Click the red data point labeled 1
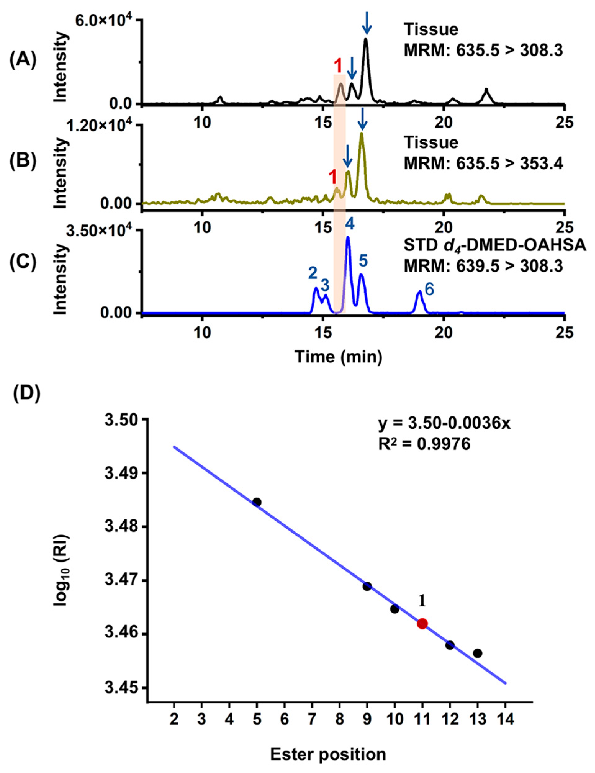pyautogui.click(x=422, y=624)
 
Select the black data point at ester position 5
pyautogui.click(x=257, y=502)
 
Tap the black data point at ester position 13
pyautogui.click(x=477, y=653)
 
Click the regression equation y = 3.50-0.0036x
pyautogui.click(x=444, y=424)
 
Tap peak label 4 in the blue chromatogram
pyautogui.click(x=350, y=224)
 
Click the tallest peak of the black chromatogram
pyautogui.click(x=366, y=40)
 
